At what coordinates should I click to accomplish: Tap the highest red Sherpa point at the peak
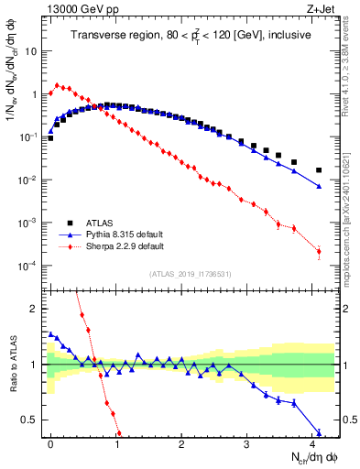tap(57, 85)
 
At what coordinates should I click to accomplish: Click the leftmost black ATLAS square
tap(50, 138)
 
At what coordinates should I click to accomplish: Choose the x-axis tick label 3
tap(247, 443)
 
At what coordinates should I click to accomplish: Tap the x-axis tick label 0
tap(50, 443)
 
